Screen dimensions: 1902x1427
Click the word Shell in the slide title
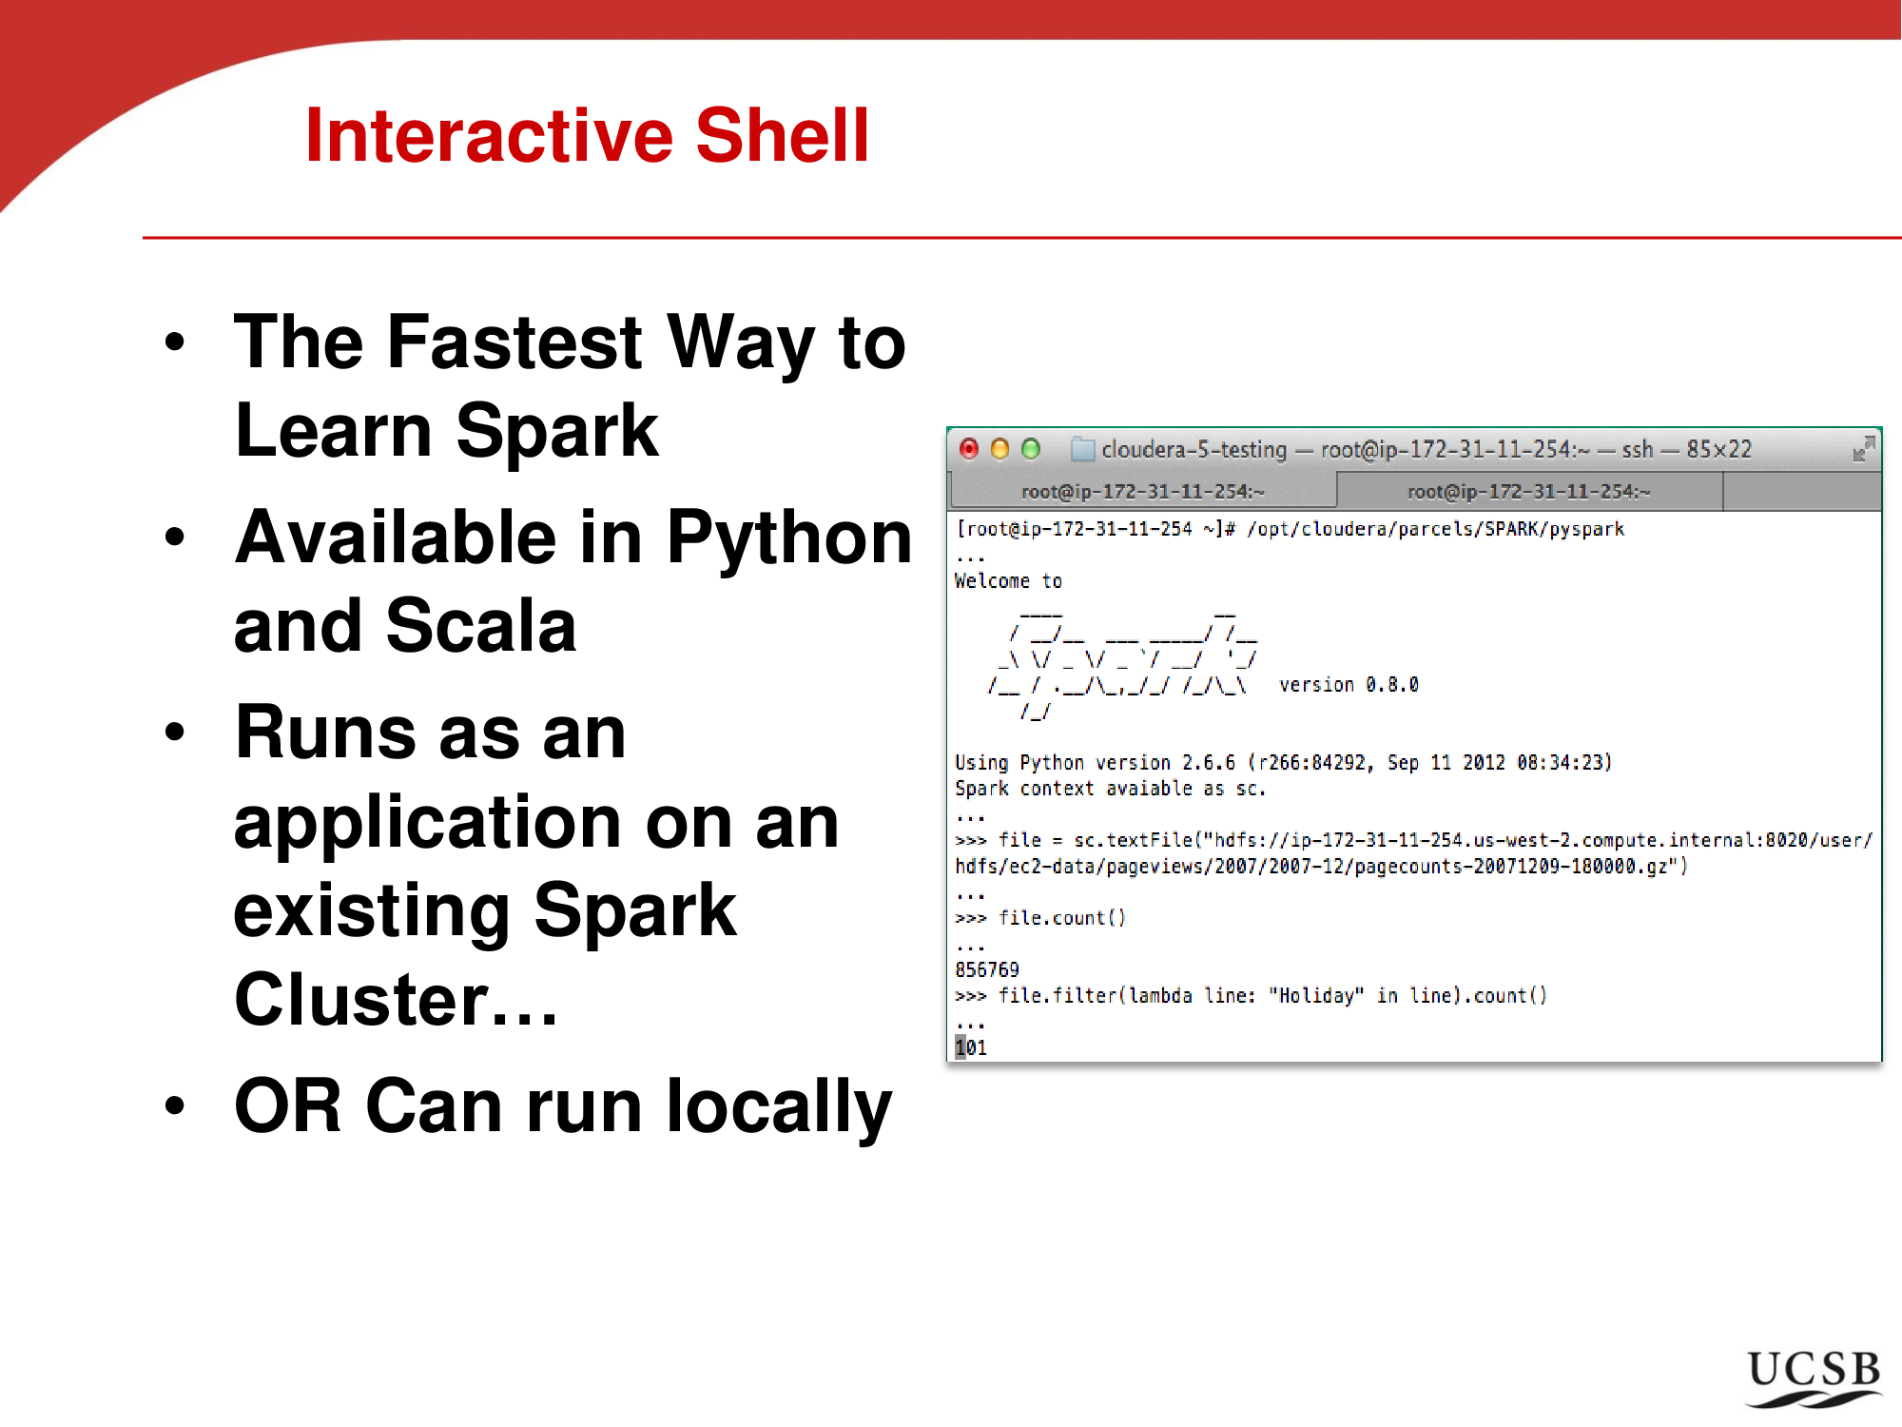(x=782, y=135)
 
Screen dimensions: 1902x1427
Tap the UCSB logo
(x=1815, y=1378)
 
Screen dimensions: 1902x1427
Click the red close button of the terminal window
(x=969, y=449)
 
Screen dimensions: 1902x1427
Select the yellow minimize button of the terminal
(x=1000, y=449)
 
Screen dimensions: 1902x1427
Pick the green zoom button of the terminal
(x=1031, y=449)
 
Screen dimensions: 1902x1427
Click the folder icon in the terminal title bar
(x=1082, y=449)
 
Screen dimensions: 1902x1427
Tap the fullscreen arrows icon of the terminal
(x=1864, y=449)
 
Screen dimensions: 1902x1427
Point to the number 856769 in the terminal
(x=987, y=969)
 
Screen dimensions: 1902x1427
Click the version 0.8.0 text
(x=1349, y=685)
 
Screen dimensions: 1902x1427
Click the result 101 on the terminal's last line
(x=971, y=1047)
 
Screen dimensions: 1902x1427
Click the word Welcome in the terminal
(x=992, y=580)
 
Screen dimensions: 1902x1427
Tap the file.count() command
(x=1062, y=918)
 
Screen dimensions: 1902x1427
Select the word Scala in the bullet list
(x=482, y=626)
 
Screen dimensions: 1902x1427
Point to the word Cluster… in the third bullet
(x=396, y=1000)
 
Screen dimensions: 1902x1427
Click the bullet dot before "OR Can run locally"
(x=174, y=1105)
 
